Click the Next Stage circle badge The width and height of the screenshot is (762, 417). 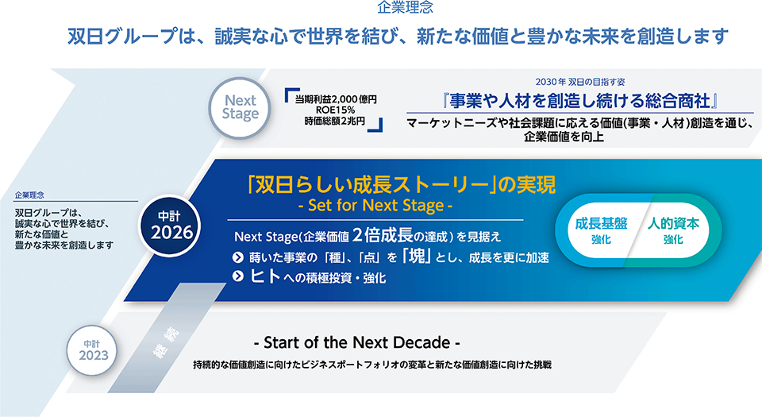240,108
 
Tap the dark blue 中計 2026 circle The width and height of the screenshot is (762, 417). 169,226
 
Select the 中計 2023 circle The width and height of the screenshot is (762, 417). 93,350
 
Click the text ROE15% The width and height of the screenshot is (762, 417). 335,110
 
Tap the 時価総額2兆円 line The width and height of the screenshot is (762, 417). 335,121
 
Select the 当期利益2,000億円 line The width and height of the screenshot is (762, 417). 336,99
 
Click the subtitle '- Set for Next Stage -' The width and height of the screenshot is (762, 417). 375,206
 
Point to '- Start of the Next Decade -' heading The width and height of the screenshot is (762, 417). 356,342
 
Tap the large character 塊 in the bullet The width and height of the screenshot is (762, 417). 417,256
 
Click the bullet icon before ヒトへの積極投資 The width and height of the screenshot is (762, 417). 238,276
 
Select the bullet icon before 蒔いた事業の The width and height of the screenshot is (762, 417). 238,257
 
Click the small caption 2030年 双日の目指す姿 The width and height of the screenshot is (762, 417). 579,82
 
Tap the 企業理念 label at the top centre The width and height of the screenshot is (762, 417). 405,7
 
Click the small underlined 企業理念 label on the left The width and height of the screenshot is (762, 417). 29,195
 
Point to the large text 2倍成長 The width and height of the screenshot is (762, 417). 383,235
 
